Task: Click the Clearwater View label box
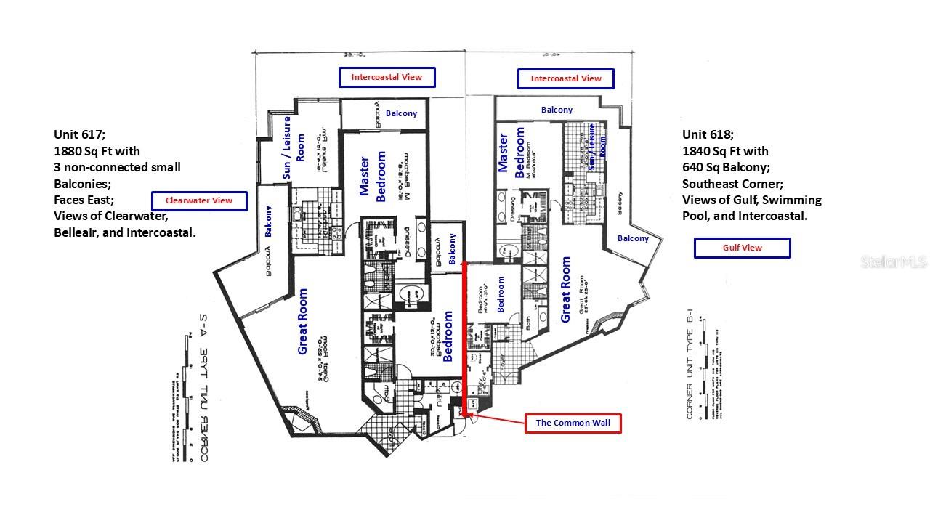(x=199, y=201)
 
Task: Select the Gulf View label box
(x=742, y=248)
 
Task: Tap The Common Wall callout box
(x=573, y=423)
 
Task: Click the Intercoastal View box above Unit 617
(x=387, y=77)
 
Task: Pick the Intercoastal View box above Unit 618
(x=566, y=78)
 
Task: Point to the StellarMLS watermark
(x=894, y=261)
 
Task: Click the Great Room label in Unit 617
(x=302, y=322)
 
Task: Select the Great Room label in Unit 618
(x=566, y=289)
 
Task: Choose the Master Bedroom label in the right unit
(x=511, y=153)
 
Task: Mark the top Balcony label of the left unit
(x=401, y=113)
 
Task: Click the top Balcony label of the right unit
(x=557, y=110)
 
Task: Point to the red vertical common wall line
(x=464, y=334)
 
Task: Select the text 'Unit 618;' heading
(x=708, y=134)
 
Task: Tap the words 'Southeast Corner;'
(x=732, y=184)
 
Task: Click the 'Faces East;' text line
(x=84, y=200)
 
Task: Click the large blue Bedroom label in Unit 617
(x=448, y=336)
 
